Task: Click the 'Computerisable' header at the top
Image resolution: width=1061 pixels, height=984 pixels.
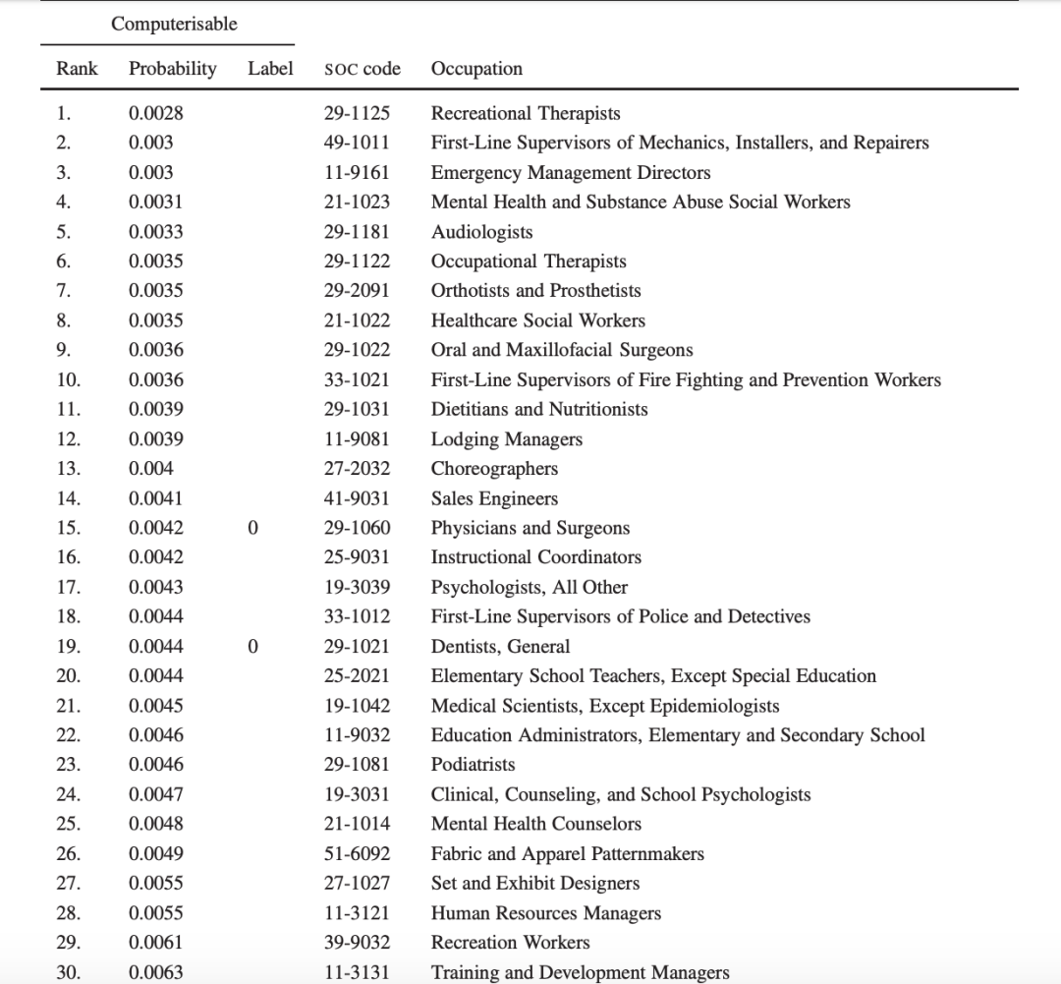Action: coord(174,25)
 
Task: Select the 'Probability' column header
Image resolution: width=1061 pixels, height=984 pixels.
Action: coord(172,69)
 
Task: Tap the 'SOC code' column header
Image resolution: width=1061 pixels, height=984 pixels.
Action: coord(362,69)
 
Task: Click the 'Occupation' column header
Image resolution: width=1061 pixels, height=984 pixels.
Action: coord(476,69)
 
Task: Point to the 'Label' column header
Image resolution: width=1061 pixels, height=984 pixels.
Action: coord(270,69)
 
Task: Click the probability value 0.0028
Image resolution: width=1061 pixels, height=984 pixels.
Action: coord(155,113)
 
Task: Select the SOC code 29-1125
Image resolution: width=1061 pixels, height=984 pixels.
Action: coord(357,113)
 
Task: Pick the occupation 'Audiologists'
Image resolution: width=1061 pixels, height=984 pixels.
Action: coord(481,232)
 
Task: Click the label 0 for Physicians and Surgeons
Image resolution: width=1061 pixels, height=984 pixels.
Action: coord(253,528)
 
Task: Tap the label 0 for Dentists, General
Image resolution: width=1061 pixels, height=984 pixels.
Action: coord(253,647)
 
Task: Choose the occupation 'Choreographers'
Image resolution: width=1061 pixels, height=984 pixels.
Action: coord(494,469)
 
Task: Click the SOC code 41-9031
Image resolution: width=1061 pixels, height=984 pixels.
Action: coord(357,498)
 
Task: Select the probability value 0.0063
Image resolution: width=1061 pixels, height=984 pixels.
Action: coord(155,973)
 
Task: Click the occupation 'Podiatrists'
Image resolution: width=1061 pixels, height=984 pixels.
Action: coord(473,765)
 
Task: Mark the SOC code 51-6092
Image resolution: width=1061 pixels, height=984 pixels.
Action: coord(357,854)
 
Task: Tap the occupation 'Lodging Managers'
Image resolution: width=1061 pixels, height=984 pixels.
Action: coord(506,439)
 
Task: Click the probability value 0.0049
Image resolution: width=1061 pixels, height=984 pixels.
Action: coord(155,854)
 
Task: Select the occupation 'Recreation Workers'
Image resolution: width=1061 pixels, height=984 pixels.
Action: coord(510,943)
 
